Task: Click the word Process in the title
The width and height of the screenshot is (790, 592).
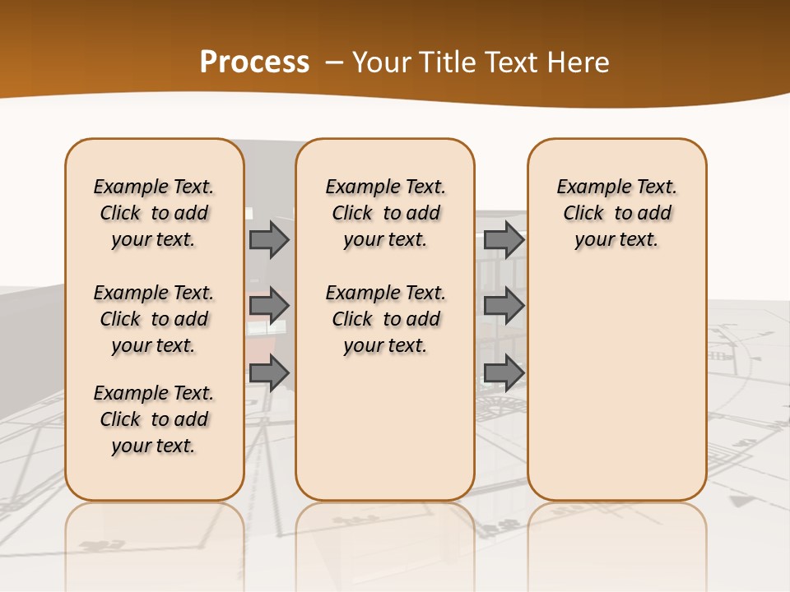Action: tap(254, 62)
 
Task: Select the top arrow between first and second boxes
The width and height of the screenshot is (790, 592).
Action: tap(269, 239)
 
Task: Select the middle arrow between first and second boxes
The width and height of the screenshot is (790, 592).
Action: tap(269, 306)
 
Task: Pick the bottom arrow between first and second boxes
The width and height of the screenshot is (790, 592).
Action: tap(269, 372)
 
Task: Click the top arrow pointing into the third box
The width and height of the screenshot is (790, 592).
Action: tap(504, 239)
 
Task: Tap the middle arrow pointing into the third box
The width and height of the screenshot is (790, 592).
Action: tap(504, 306)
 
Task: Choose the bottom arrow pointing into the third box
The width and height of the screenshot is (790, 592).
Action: tap(504, 372)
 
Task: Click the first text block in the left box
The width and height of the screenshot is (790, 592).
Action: tap(154, 213)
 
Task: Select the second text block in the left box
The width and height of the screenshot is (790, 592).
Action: tap(154, 319)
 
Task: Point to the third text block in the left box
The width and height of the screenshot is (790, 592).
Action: tap(154, 419)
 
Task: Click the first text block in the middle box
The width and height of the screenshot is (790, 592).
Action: tap(386, 213)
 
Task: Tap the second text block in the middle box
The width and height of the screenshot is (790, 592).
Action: tap(386, 319)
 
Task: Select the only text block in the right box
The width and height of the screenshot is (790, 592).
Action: tap(617, 213)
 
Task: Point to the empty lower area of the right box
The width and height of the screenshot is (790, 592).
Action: tap(617, 386)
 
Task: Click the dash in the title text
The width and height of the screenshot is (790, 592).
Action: tap(334, 62)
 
